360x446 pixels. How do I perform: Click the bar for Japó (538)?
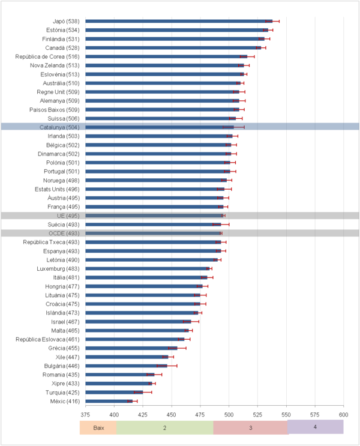point(178,21)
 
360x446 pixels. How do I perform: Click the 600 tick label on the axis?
point(343,414)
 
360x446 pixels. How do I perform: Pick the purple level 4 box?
point(315,427)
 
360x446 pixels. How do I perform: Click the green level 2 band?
point(164,427)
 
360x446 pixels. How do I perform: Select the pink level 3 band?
point(251,427)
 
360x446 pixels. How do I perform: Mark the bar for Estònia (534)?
point(176,29)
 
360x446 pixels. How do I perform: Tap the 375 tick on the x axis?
point(85,414)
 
